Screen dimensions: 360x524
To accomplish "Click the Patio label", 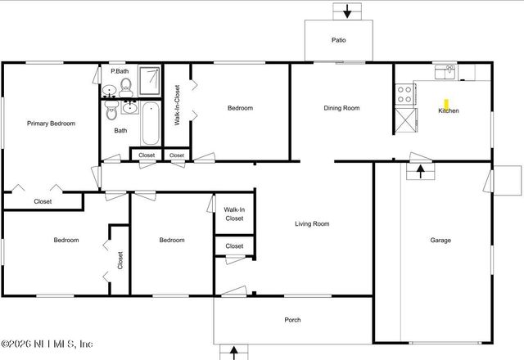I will pos(338,39).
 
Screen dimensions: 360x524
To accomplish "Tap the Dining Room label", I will pos(341,108).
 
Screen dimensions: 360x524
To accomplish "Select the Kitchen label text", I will pos(449,110).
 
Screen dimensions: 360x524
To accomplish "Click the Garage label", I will pos(440,241).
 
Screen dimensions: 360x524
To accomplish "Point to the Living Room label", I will pos(312,223).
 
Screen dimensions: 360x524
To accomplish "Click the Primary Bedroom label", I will pos(51,124).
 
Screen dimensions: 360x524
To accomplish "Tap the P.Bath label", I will pos(120,72).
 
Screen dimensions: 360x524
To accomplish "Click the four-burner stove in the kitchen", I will pos(404,94).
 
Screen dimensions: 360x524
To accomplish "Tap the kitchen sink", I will pos(445,73).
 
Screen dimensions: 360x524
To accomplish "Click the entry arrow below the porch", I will pos(234,353).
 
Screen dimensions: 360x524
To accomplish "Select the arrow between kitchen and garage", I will pos(422,171).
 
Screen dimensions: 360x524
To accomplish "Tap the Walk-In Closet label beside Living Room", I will pos(234,214).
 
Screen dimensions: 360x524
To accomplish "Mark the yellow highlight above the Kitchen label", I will pos(446,104).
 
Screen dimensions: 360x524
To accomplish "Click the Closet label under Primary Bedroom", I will pos(43,201).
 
